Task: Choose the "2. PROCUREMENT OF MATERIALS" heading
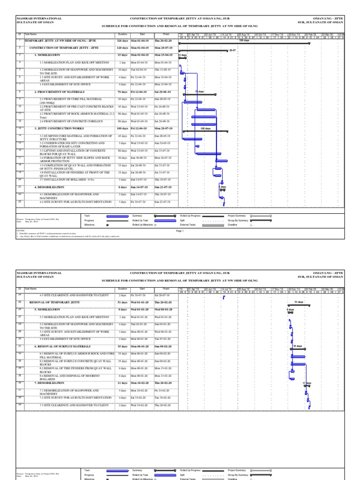[x=56, y=92]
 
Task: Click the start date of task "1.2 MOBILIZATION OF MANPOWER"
[x=139, y=69]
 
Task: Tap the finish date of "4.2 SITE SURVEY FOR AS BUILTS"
[x=163, y=202]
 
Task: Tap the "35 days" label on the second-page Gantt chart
[x=297, y=346]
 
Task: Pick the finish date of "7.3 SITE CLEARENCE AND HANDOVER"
[x=163, y=405]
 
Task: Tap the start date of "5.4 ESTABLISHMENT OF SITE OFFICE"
[x=139, y=338]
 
